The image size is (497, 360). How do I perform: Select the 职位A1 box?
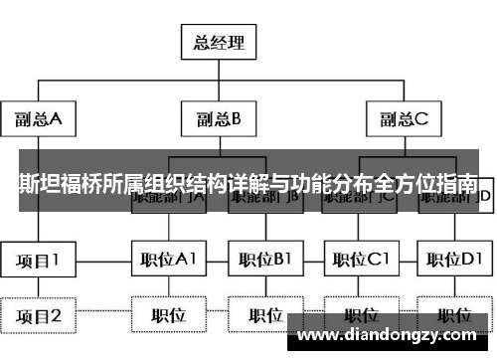coord(170,261)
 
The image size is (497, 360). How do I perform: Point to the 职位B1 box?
coord(264,261)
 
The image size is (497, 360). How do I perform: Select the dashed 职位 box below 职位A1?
coord(170,316)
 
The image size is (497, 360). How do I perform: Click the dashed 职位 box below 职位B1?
coord(264,316)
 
